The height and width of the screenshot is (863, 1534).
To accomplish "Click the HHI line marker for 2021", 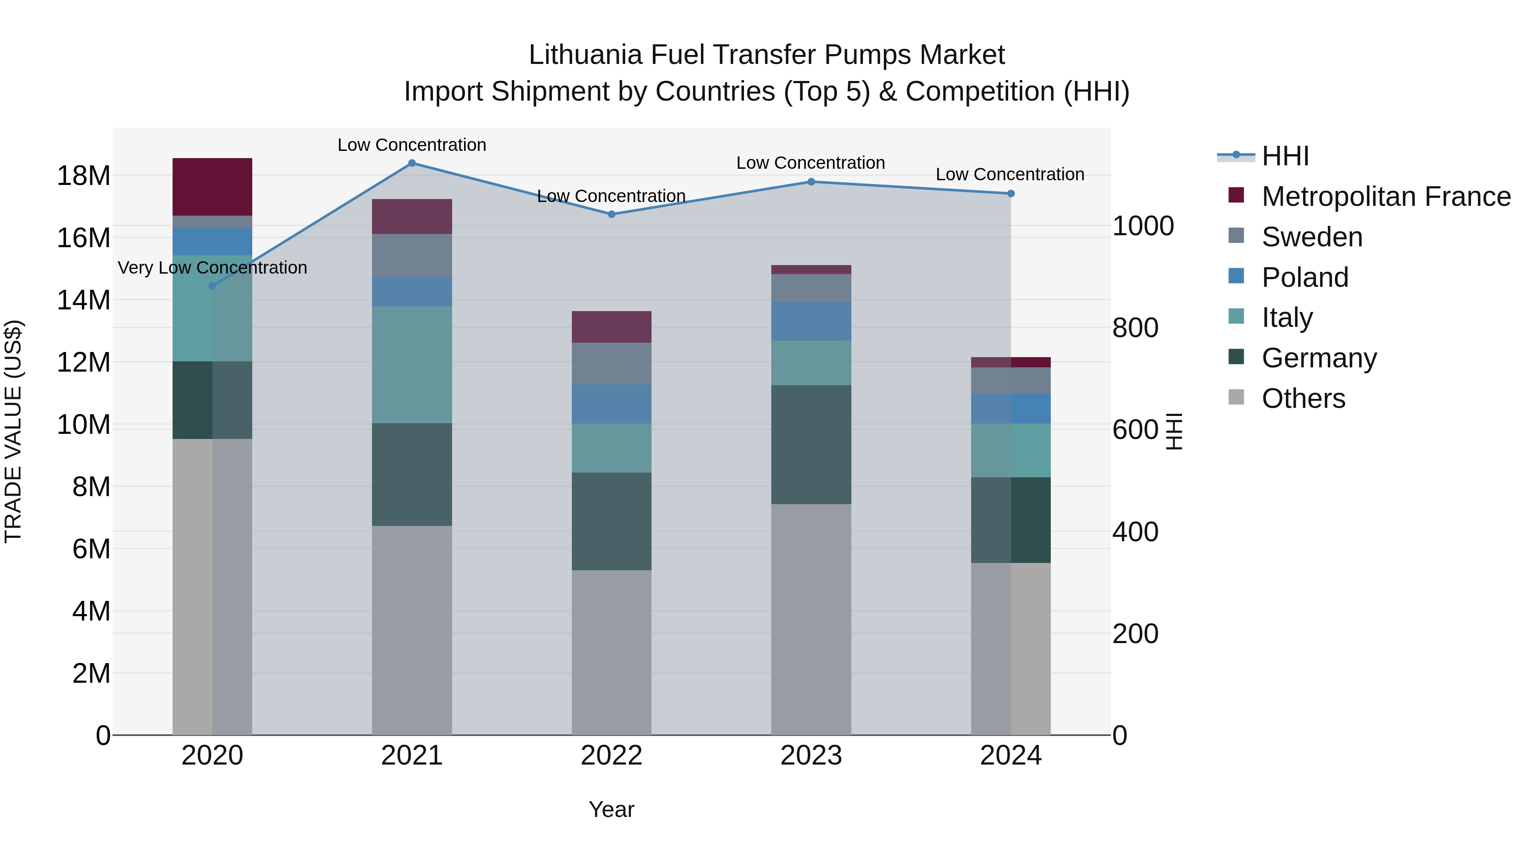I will pos(412,163).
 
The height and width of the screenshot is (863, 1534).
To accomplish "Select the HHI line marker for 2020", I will pos(213,286).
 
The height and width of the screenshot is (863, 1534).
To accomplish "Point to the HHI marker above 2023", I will pos(811,182).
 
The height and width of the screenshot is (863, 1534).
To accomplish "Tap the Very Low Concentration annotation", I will pos(213,268).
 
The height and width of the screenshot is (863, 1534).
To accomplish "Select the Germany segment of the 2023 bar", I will pos(811,444).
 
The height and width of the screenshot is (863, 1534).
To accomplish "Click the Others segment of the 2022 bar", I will pos(611,652).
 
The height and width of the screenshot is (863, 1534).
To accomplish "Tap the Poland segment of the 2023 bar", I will pos(811,321).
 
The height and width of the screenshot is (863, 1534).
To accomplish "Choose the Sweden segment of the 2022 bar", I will pos(611,363).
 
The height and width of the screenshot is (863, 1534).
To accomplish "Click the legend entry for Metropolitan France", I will pos(1386,196).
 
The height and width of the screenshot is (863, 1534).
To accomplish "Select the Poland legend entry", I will pos(1305,277).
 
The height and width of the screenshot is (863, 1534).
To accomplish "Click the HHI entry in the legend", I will pos(1285,156).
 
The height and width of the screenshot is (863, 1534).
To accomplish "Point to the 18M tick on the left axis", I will pos(84,176).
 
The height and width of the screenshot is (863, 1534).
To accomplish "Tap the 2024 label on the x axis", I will pos(1011,756).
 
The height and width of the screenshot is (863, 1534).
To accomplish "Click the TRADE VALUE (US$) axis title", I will pos(13,431).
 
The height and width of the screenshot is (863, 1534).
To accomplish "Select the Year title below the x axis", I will pos(611,809).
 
